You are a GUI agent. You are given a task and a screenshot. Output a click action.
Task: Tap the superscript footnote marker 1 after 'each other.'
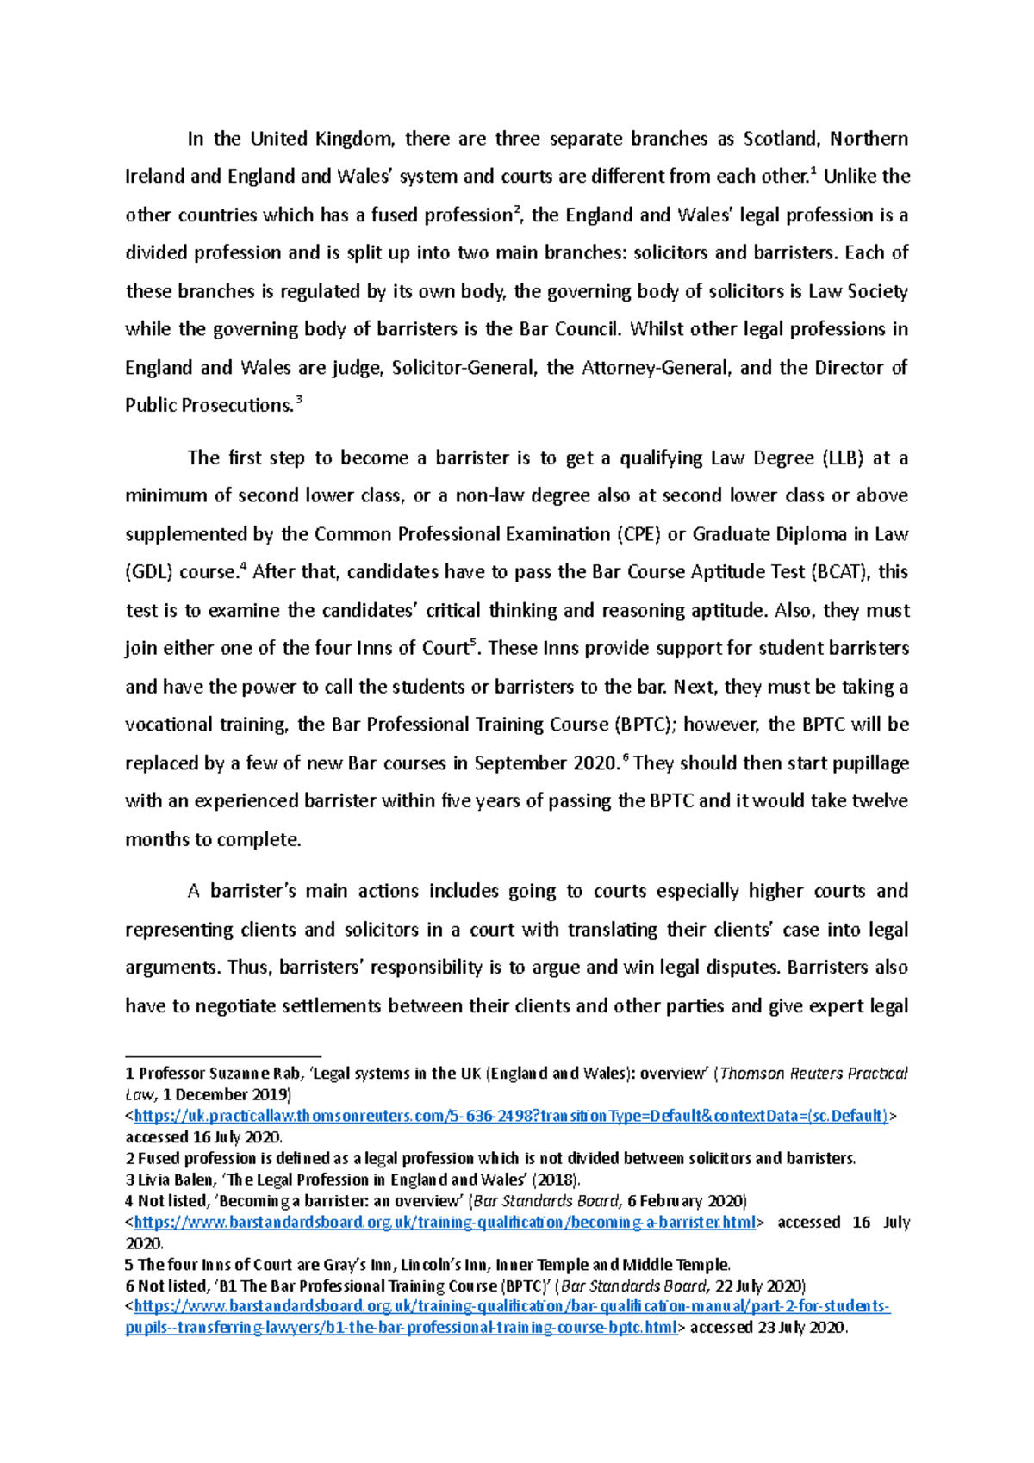813,171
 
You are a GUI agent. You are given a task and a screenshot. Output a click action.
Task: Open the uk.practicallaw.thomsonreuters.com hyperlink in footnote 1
511,1116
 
